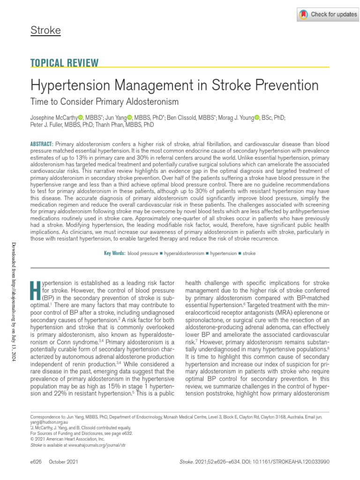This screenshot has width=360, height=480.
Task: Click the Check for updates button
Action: (329, 15)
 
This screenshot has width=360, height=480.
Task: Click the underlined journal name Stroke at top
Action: (45, 31)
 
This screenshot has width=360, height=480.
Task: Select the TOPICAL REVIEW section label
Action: (64, 63)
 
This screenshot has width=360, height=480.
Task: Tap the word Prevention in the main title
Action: (284, 85)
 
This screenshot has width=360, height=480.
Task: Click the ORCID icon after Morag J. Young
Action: (256, 117)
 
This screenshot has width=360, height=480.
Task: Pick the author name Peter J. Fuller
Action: (45, 125)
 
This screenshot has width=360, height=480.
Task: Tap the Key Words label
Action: (114, 253)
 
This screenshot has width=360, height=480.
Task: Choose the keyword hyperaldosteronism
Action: (184, 253)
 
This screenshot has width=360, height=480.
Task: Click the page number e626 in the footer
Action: (36, 462)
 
